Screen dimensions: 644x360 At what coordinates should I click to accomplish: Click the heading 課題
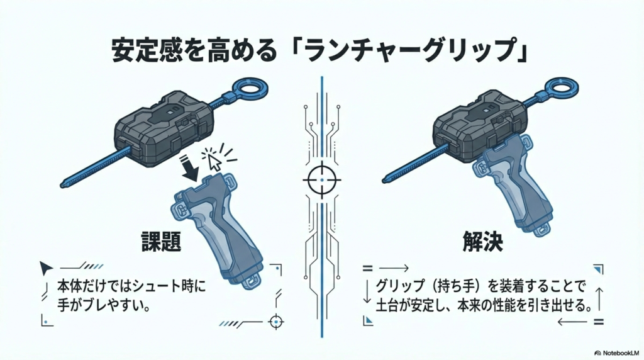(161, 241)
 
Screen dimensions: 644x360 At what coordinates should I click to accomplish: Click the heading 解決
(482, 241)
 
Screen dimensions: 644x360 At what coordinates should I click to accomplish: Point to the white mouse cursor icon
(214, 162)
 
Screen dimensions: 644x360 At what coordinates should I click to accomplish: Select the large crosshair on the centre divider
(322, 180)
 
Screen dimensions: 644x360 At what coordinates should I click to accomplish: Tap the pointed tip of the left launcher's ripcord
(62, 186)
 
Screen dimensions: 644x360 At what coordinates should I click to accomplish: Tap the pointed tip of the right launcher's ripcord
(384, 180)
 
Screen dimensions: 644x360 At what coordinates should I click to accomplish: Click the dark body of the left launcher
(164, 128)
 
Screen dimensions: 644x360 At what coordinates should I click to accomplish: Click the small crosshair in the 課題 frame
(276, 321)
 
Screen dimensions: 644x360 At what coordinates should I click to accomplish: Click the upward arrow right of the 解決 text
(599, 299)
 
